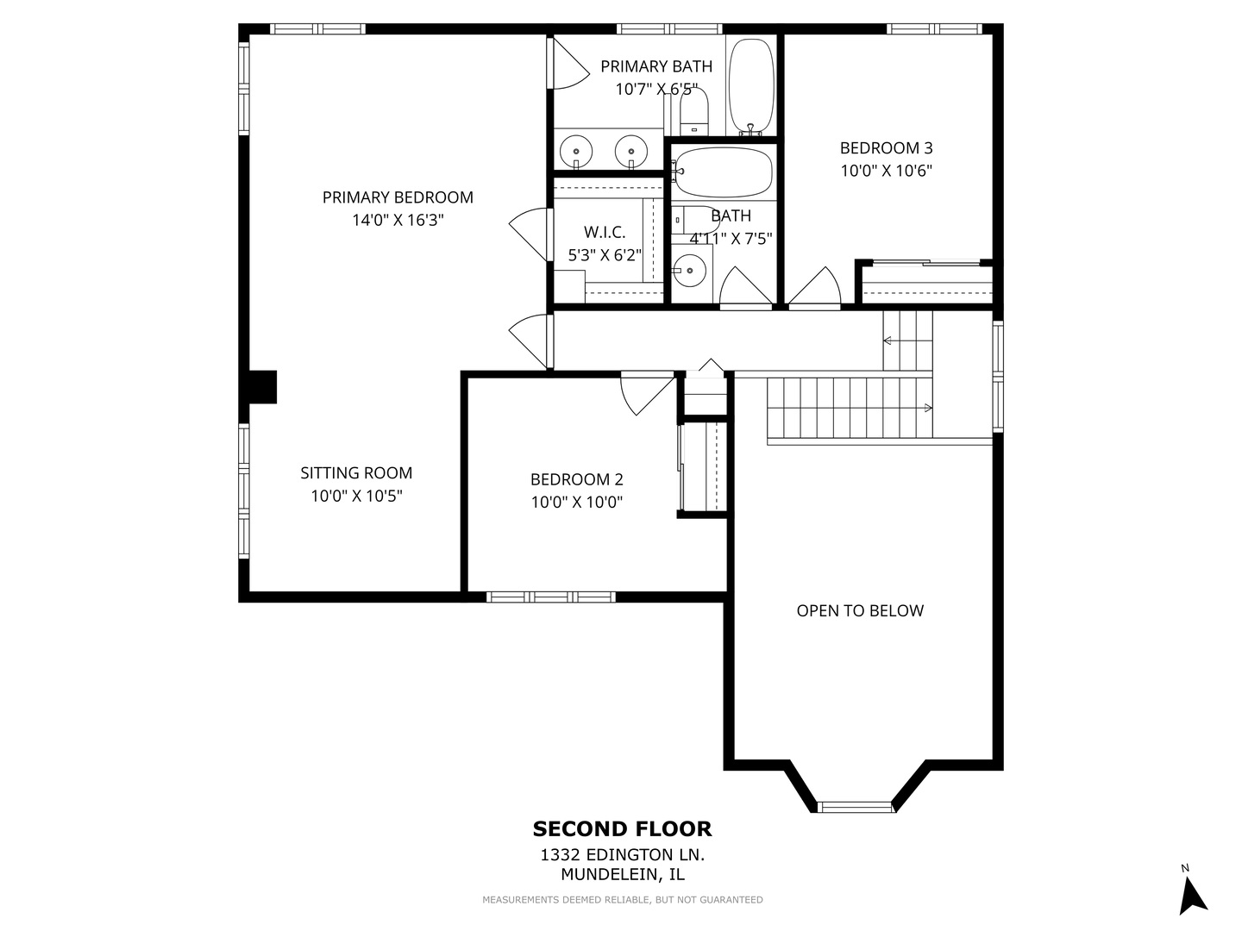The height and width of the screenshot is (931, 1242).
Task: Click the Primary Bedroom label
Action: pyautogui.click(x=398, y=197)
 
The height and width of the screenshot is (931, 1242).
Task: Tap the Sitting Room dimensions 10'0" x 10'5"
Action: pyautogui.click(x=356, y=497)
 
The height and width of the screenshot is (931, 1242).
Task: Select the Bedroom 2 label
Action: pyautogui.click(x=576, y=480)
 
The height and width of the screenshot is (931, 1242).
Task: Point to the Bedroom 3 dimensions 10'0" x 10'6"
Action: pyautogui.click(x=886, y=171)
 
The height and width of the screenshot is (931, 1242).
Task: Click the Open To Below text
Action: pyautogui.click(x=860, y=611)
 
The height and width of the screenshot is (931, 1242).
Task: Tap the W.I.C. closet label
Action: pyautogui.click(x=605, y=232)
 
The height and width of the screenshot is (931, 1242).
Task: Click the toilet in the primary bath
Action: pyautogui.click(x=693, y=112)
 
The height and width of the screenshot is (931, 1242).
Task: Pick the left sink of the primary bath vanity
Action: pyautogui.click(x=575, y=151)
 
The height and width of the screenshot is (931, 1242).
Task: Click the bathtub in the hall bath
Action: pyautogui.click(x=723, y=172)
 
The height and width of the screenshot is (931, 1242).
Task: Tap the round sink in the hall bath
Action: pyautogui.click(x=690, y=271)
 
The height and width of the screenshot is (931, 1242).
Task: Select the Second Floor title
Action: pyautogui.click(x=622, y=829)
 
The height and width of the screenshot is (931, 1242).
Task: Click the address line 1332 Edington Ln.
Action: pyautogui.click(x=622, y=855)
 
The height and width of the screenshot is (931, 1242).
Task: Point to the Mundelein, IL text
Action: pyautogui.click(x=622, y=874)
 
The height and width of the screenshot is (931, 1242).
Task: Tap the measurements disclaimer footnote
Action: pyautogui.click(x=622, y=900)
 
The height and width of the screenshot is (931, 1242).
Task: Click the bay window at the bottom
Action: pyautogui.click(x=855, y=807)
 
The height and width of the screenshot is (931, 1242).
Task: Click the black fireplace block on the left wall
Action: pyautogui.click(x=261, y=387)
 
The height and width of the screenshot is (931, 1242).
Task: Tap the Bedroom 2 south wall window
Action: pyautogui.click(x=550, y=597)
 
